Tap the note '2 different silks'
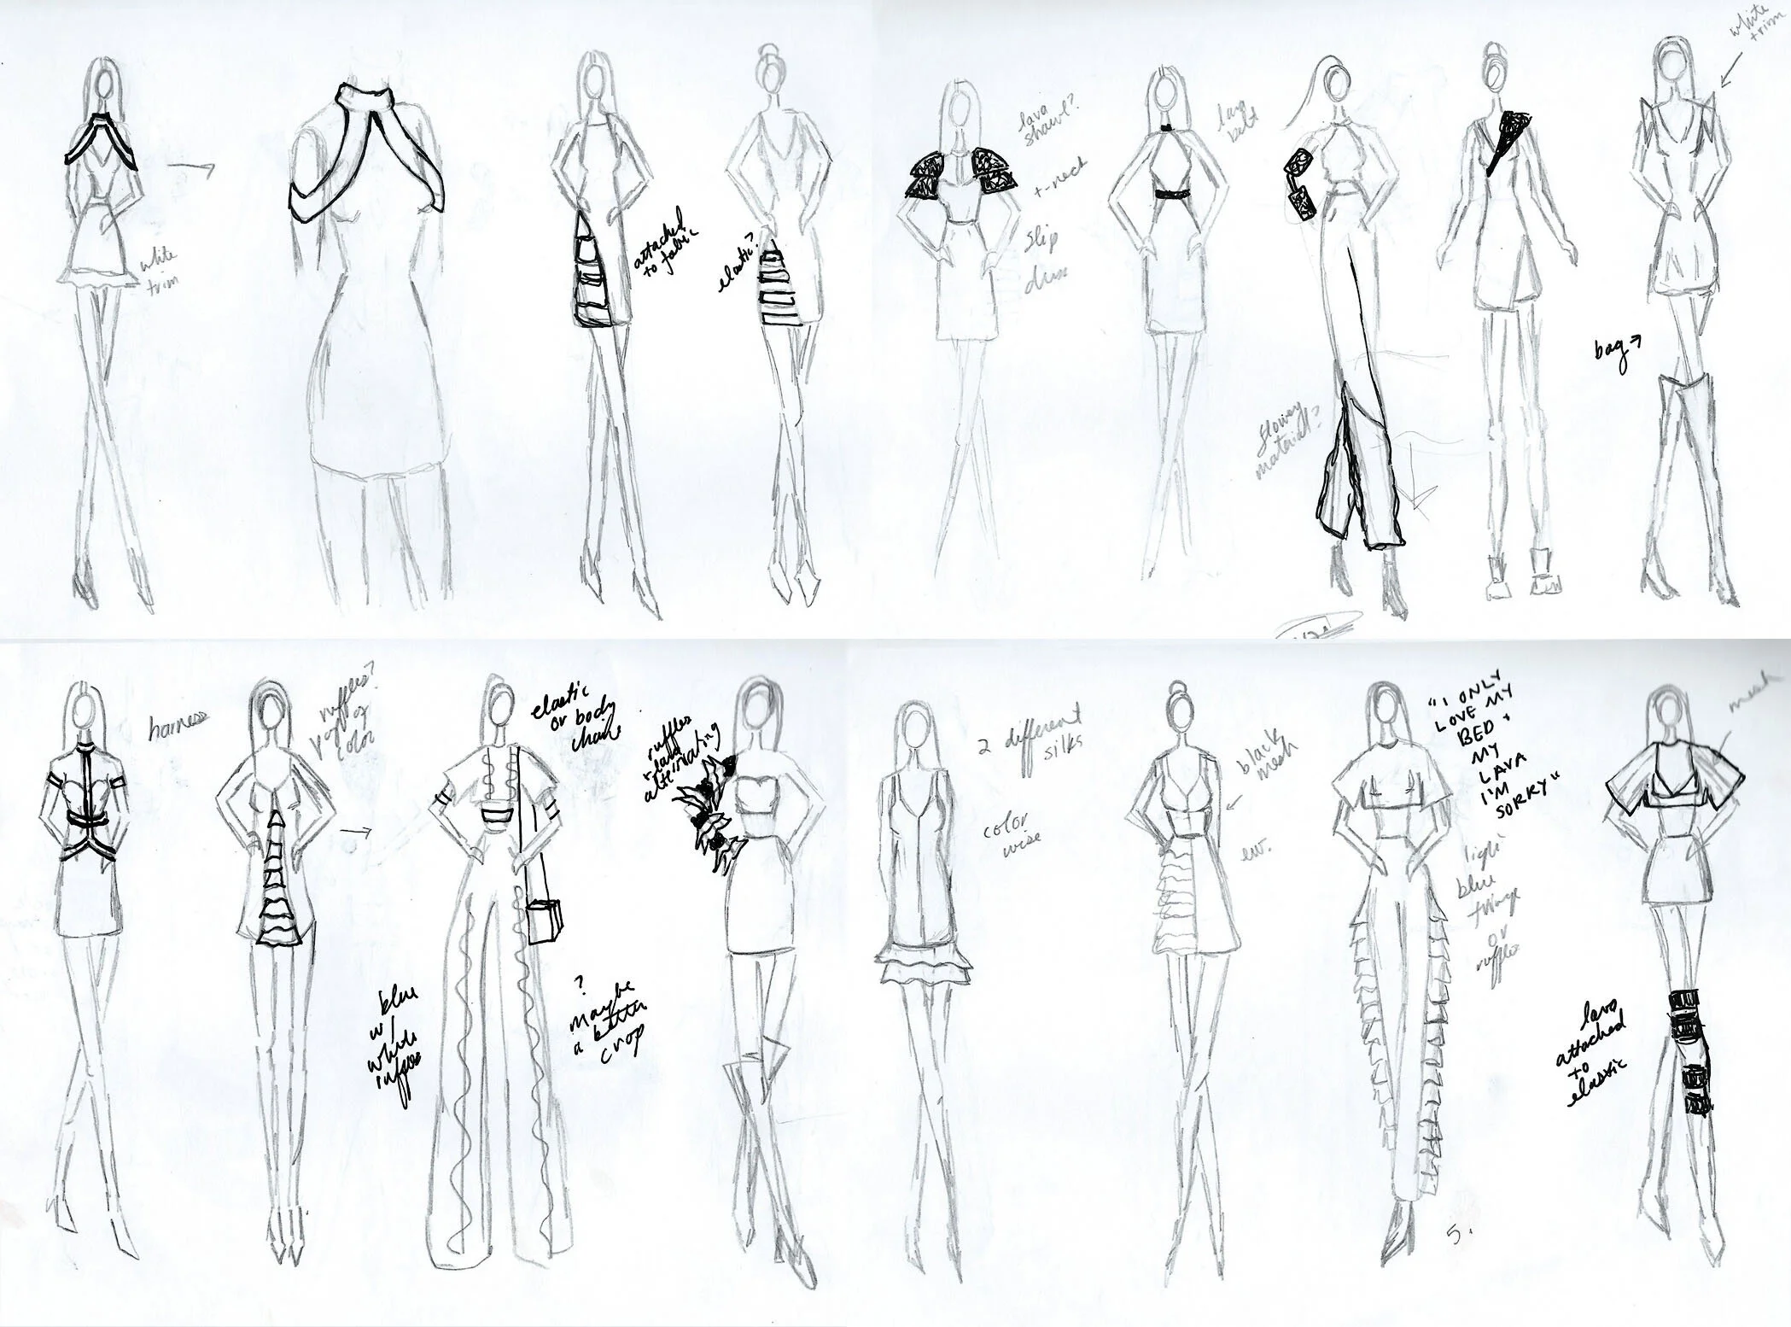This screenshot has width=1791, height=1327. pos(1031,745)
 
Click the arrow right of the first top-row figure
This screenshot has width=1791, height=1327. pos(192,169)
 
